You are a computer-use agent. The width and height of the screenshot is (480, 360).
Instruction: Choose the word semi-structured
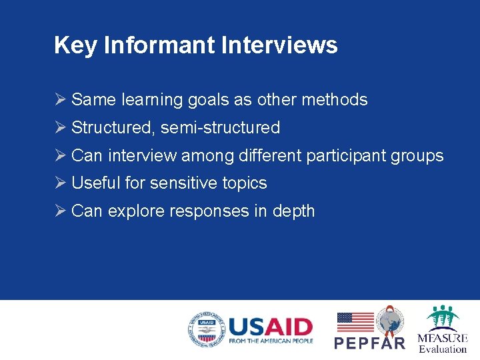tap(220, 128)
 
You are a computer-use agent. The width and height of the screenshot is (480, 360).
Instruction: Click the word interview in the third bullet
tap(143, 156)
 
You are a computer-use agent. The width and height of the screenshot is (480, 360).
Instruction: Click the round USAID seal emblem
tap(205, 330)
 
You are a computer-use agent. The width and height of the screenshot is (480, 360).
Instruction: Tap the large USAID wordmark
tap(270, 327)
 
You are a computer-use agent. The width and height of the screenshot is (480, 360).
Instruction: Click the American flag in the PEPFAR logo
tap(355, 322)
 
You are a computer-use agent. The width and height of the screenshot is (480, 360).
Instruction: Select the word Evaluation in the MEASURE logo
tap(443, 349)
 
